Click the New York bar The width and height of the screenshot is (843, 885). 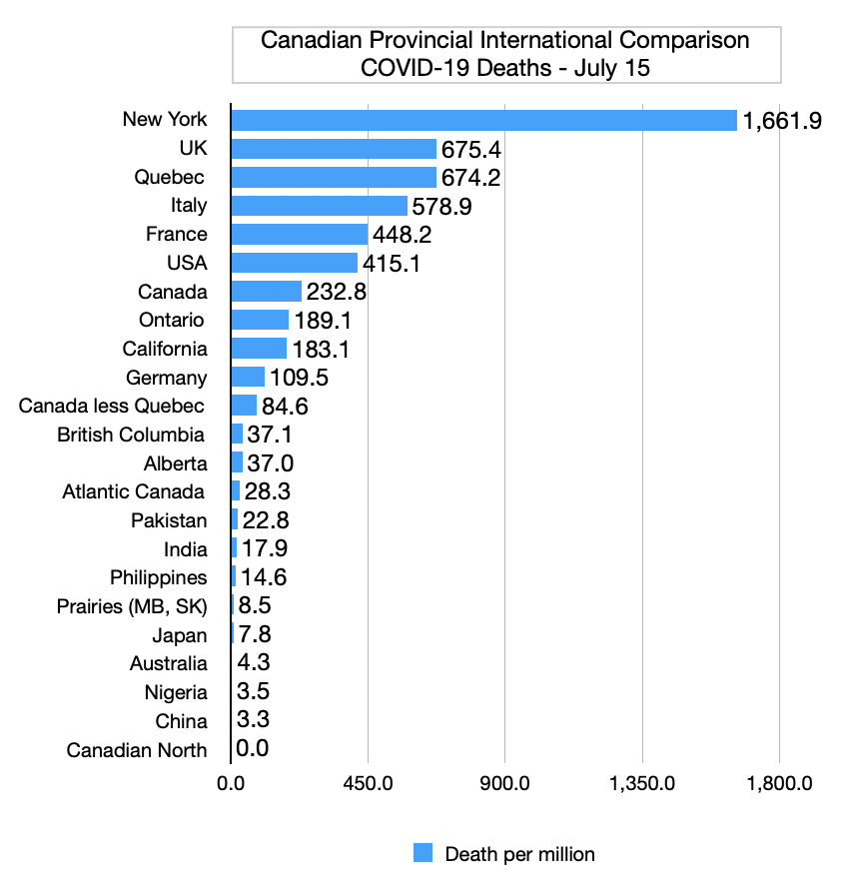click(483, 120)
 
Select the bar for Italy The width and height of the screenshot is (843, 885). click(320, 206)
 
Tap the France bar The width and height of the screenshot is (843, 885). click(300, 235)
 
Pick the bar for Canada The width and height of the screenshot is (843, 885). click(267, 292)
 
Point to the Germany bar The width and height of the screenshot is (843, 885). click(248, 378)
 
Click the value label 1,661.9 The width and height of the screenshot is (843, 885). click(781, 121)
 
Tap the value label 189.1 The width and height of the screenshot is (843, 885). click(323, 321)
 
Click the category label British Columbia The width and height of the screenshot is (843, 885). click(132, 436)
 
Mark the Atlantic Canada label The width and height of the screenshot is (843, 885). click(135, 492)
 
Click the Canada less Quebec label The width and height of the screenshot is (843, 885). click(113, 407)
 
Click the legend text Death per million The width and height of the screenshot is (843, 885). click(519, 854)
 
